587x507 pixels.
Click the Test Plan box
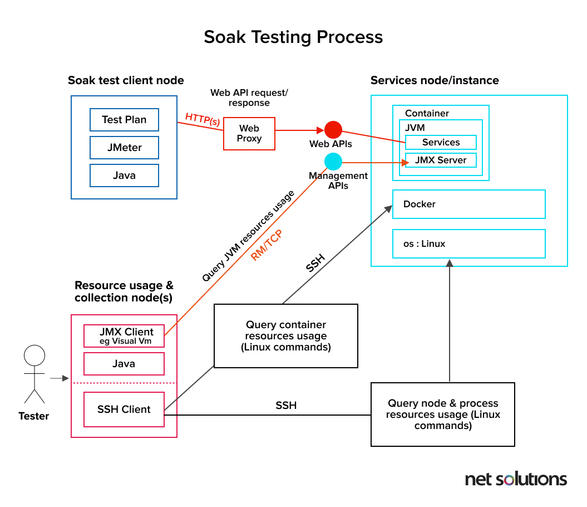pyautogui.click(x=124, y=120)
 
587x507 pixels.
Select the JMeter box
pyautogui.click(x=124, y=148)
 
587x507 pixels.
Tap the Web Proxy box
pyautogui.click(x=249, y=134)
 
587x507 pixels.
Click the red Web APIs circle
pyautogui.click(x=333, y=130)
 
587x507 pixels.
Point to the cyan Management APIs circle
pyautogui.click(x=333, y=162)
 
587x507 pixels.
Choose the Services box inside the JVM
pyautogui.click(x=441, y=143)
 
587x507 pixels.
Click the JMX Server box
pyautogui.click(x=441, y=160)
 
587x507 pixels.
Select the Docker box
pyautogui.click(x=468, y=204)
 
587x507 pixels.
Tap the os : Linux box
pyautogui.click(x=468, y=243)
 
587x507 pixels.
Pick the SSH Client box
pyautogui.click(x=124, y=409)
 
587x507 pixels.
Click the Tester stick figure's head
pyautogui.click(x=34, y=355)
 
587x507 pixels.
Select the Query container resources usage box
pyautogui.click(x=285, y=336)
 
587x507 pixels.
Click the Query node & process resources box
pyautogui.click(x=443, y=415)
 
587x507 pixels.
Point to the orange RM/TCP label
pyautogui.click(x=266, y=246)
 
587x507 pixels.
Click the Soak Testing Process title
pyautogui.click(x=293, y=37)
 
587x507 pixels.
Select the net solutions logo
pyautogui.click(x=515, y=479)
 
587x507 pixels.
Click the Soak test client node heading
pyautogui.click(x=126, y=80)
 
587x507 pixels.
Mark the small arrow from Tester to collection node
pyautogui.click(x=58, y=379)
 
